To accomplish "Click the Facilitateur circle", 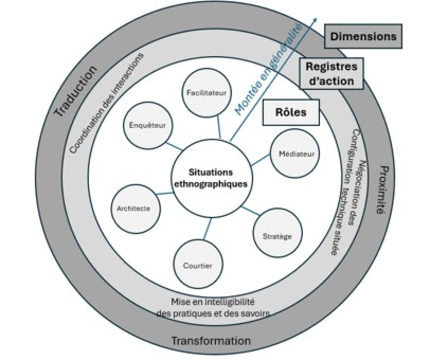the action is [207, 93].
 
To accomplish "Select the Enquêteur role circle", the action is [148, 125].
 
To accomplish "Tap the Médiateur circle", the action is [295, 153].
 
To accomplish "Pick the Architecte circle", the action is [136, 209].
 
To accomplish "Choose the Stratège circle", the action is [278, 233].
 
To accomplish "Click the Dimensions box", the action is [363, 36].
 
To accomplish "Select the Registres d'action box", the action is [332, 74].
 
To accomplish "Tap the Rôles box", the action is [291, 113].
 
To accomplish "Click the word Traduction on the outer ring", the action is [76, 91].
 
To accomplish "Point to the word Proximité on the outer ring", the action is [383, 190].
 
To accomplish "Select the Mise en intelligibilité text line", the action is [213, 302].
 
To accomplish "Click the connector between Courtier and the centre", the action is [208, 229].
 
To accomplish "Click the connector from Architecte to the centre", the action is [164, 193].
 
